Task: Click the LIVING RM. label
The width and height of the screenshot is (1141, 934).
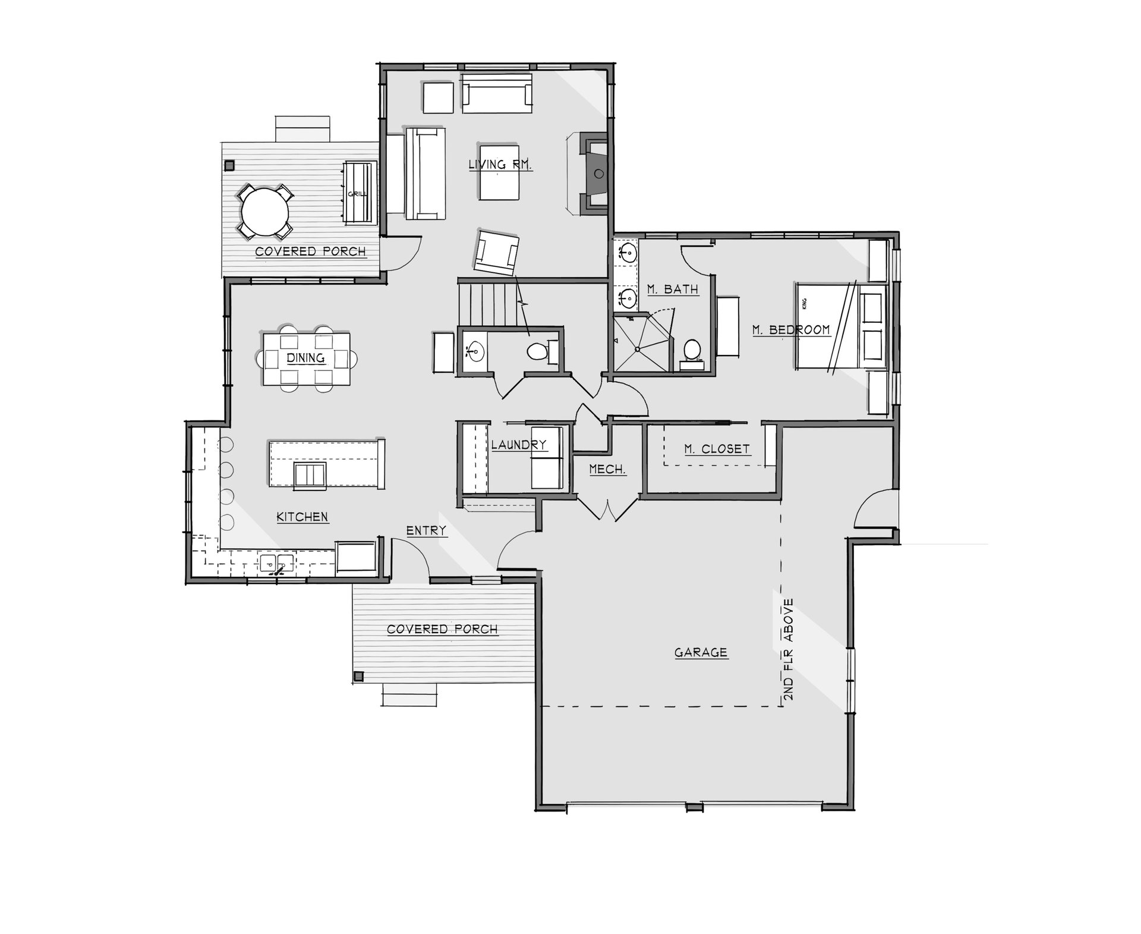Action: tap(500, 164)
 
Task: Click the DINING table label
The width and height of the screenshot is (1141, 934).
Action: tap(306, 358)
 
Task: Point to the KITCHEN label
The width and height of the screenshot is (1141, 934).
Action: tap(302, 517)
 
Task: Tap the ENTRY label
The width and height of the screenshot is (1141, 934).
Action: tap(426, 530)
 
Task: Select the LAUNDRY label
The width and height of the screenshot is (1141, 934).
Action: tap(519, 445)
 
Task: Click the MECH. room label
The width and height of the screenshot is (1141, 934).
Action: tap(607, 470)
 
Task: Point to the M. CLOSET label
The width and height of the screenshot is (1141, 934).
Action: tap(717, 449)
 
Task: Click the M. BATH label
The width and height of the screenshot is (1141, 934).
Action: tap(673, 290)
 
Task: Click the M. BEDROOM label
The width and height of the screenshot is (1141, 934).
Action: tap(791, 329)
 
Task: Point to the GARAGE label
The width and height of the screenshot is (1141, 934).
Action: tap(701, 652)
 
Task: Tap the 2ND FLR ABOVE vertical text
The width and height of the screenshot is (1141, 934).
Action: tap(789, 649)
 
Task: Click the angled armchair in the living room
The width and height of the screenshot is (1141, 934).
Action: tap(497, 252)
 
